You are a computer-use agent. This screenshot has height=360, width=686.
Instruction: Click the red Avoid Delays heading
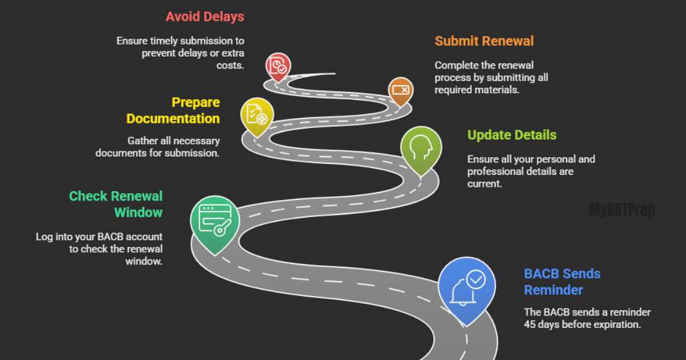click(205, 17)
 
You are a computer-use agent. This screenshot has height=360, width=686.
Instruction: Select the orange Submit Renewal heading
click(484, 41)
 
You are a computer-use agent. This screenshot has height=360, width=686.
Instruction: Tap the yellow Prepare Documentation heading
click(173, 110)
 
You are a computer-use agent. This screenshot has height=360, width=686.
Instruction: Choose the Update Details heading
click(512, 135)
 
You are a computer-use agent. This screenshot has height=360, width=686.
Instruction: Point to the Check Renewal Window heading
click(116, 204)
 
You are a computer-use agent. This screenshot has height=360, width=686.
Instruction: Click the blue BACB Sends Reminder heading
click(562, 282)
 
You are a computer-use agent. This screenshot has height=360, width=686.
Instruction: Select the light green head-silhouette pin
click(421, 148)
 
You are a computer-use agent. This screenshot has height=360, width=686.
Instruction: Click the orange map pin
click(400, 90)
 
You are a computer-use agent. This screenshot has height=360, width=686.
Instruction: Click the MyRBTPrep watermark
click(621, 210)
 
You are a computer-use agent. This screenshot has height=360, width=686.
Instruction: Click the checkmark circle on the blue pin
click(476, 280)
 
